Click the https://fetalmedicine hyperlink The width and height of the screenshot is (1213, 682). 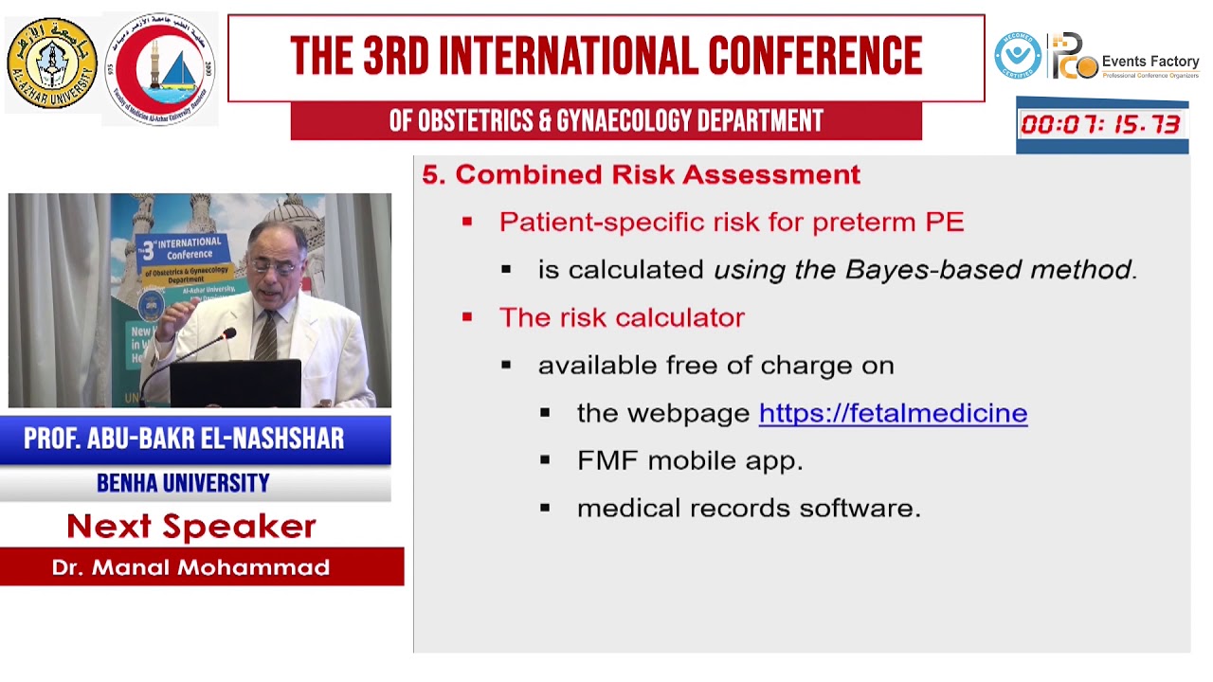893,413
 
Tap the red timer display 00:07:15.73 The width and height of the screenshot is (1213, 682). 1100,124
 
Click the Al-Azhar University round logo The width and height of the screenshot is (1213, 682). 52,63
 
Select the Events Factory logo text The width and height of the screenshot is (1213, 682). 1150,63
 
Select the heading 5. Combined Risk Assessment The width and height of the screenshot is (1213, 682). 642,174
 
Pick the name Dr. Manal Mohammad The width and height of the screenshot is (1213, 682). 190,567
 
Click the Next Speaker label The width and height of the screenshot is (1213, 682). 190,526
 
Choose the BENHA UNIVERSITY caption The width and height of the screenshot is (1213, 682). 183,483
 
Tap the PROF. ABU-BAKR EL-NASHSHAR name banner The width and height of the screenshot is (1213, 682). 184,439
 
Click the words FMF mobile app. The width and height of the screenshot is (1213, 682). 690,460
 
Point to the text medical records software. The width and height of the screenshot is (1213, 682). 749,509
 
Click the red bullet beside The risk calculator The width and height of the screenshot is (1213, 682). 467,317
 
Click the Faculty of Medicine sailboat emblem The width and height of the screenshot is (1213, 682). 161,68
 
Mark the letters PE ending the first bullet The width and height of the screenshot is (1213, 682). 945,222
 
